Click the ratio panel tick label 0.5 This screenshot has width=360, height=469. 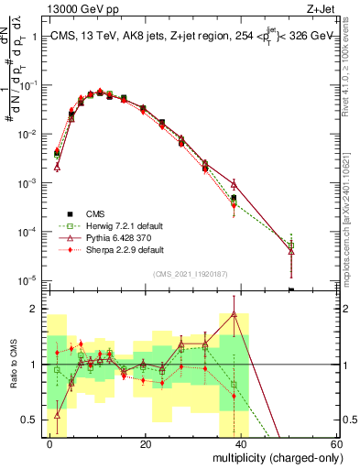tap(31, 420)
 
